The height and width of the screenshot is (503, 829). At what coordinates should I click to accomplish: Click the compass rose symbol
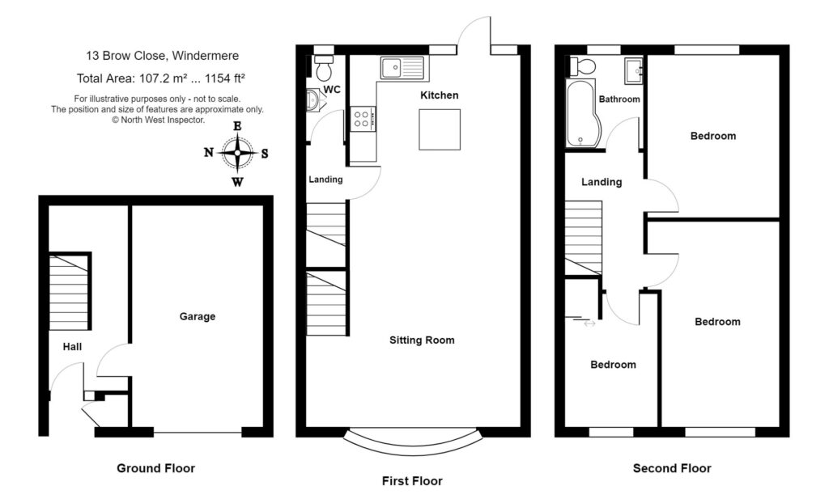pyautogui.click(x=237, y=153)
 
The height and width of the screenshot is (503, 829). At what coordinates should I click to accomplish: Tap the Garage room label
pyautogui.click(x=198, y=316)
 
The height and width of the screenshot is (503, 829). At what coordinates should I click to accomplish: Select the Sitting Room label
pyautogui.click(x=422, y=340)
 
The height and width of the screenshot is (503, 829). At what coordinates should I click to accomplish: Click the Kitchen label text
pyautogui.click(x=440, y=95)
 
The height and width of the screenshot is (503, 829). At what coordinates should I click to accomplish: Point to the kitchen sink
pyautogui.click(x=402, y=67)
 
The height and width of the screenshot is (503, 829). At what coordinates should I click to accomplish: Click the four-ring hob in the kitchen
pyautogui.click(x=362, y=120)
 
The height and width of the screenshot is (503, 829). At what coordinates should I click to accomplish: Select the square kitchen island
pyautogui.click(x=440, y=129)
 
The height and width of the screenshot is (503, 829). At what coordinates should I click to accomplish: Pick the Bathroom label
pyautogui.click(x=619, y=99)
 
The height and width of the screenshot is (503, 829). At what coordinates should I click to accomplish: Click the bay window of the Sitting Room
pyautogui.click(x=414, y=442)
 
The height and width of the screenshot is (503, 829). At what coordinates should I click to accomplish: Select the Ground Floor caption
pyautogui.click(x=155, y=468)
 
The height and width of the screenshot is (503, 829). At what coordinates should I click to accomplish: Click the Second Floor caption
pyautogui.click(x=672, y=468)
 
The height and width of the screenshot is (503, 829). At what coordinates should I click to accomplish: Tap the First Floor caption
pyautogui.click(x=412, y=481)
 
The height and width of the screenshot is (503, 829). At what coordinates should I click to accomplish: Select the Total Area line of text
pyautogui.click(x=160, y=78)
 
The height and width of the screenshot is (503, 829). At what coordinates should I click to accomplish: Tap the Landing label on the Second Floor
pyautogui.click(x=602, y=182)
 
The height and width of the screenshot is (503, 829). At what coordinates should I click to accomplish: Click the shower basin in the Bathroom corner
pyautogui.click(x=634, y=71)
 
